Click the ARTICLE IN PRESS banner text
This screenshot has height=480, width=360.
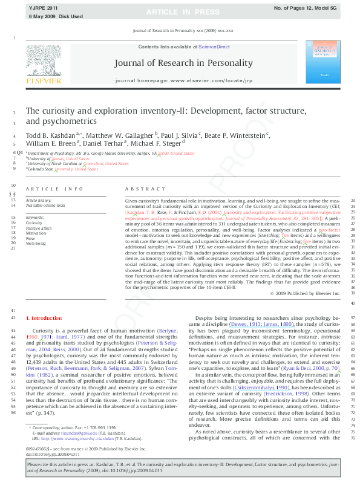tap(180, 11)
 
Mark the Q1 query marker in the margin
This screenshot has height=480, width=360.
tap(19, 154)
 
